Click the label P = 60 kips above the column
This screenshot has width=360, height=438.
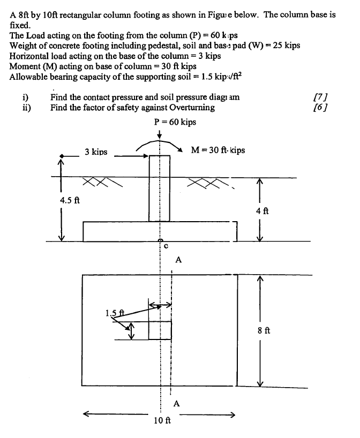174,122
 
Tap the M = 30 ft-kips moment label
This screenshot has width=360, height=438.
218,150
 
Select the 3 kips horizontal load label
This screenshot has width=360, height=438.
96,152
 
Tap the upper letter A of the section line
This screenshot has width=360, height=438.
178,260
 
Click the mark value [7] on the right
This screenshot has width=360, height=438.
320,97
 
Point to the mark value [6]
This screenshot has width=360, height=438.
320,107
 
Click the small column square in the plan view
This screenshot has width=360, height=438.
160,330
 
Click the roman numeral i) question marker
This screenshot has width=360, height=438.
25,97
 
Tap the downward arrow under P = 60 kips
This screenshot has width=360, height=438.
160,134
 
